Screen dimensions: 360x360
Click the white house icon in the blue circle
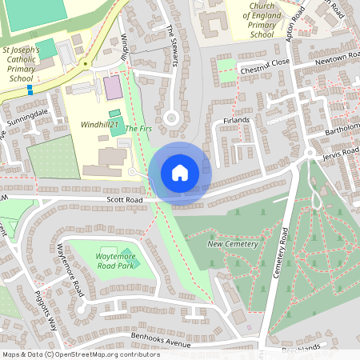[x=179, y=172]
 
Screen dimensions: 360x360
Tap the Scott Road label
[x=124, y=200]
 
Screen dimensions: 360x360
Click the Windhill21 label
[x=99, y=125]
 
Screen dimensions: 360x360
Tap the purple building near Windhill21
[x=114, y=86]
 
